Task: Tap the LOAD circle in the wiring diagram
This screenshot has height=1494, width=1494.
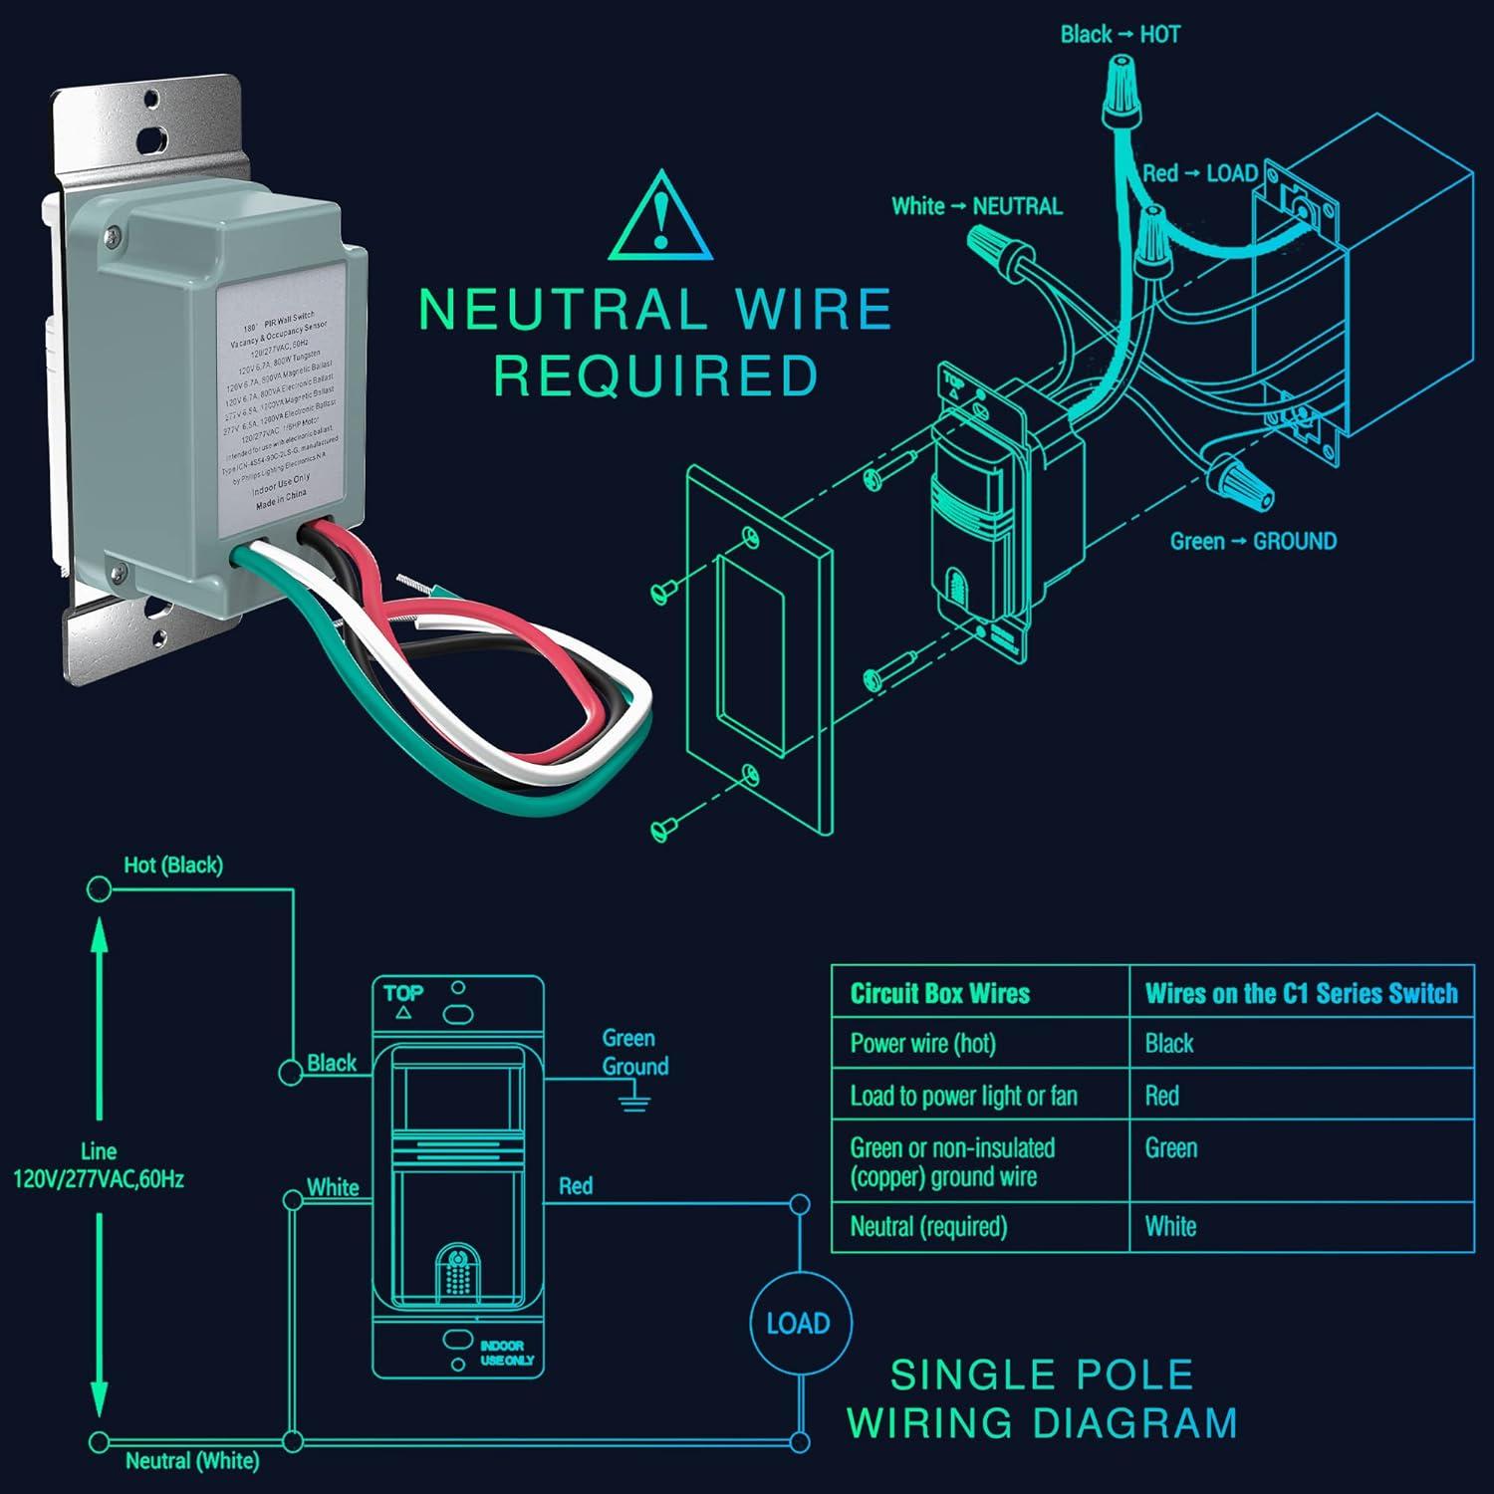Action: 799,1323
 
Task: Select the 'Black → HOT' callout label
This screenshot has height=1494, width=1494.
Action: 1120,35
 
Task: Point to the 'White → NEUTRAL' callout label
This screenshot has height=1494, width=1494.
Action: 976,206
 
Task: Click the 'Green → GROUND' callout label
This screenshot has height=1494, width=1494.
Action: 1252,542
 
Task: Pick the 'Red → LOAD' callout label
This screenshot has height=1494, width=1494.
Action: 1199,173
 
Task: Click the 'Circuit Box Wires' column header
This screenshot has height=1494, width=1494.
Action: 939,993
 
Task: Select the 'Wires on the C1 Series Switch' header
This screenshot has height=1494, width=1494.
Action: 1301,993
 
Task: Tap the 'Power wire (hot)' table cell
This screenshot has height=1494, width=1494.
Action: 922,1043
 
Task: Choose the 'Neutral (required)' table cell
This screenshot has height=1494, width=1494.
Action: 927,1226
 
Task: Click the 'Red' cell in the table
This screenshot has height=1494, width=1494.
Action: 1162,1096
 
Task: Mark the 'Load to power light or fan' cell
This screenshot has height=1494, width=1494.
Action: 963,1096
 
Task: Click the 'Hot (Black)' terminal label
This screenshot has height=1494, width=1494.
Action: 172,866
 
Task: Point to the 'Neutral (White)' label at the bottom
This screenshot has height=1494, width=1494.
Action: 191,1461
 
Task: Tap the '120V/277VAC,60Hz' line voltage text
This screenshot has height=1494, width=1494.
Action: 98,1179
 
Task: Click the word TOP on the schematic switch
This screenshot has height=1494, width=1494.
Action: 403,993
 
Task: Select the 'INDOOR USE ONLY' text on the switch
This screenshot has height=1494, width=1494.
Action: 506,1353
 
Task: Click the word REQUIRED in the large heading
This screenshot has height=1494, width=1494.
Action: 655,376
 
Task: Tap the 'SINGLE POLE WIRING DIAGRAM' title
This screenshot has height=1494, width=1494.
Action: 1042,1398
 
